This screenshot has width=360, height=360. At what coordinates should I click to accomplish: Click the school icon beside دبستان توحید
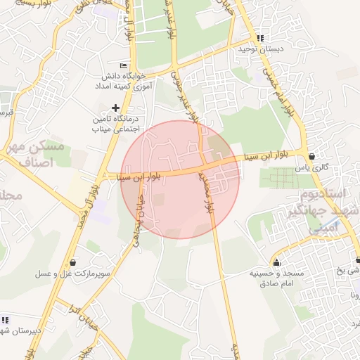260,38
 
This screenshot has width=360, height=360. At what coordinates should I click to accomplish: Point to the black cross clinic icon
116,108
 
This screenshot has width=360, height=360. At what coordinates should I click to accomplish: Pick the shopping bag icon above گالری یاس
311,156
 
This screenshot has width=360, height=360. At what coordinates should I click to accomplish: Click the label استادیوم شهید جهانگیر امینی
324,210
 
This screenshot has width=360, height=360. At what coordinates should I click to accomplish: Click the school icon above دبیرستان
5,320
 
